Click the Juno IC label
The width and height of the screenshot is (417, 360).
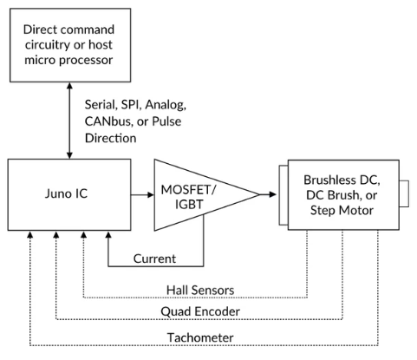pos(66,193)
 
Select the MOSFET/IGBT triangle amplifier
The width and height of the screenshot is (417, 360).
pos(202,195)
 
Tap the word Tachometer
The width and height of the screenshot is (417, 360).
pos(200,337)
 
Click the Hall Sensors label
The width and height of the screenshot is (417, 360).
pos(200,290)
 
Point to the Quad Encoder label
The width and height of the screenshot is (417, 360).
pos(200,311)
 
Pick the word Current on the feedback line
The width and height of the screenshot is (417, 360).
pos(154,259)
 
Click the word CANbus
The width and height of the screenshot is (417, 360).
pos(108,121)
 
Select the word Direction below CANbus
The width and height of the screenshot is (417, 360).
pos(111,138)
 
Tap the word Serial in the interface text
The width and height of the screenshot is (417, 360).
pos(100,105)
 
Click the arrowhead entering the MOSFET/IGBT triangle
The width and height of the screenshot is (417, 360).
pos(151,195)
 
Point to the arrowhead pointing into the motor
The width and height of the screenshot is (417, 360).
pos(272,194)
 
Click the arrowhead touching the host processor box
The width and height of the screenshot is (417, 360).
pos(69,86)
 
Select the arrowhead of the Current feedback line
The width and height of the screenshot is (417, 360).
pos(108,234)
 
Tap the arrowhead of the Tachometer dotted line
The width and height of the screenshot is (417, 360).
pos(29,234)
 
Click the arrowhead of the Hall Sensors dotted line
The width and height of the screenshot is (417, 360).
pos(83,234)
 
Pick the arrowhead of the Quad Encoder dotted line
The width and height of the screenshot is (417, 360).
pos(56,234)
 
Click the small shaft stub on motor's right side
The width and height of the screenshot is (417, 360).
pos(404,193)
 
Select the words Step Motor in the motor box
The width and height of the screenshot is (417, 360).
pos(342,210)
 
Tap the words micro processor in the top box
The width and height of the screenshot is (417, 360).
pos(68,60)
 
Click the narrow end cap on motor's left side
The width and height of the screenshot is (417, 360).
pos(283,195)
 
